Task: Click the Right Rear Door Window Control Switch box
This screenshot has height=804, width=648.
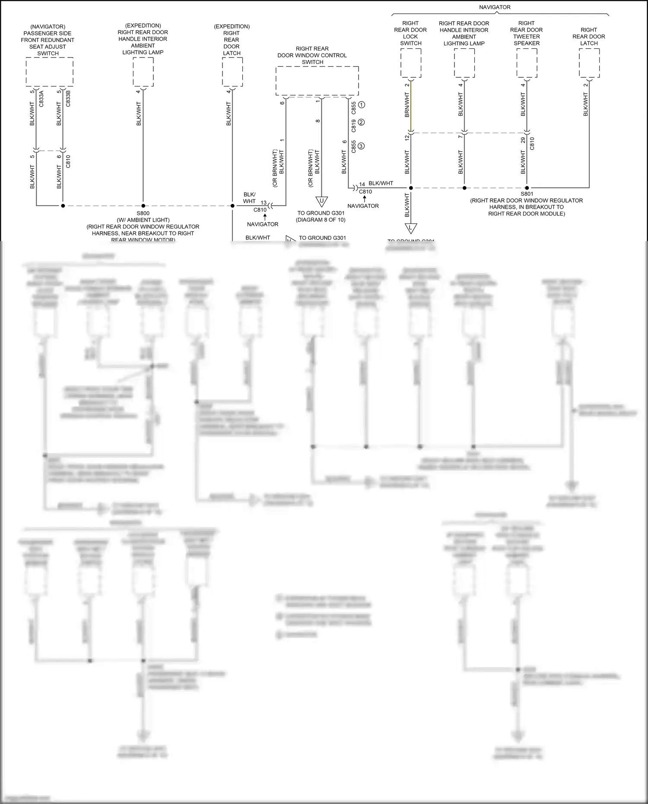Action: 317,81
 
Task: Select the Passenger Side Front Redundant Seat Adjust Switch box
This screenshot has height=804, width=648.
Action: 49,72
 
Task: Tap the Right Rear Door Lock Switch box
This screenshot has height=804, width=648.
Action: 410,63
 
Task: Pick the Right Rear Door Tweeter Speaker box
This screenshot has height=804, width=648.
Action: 527,63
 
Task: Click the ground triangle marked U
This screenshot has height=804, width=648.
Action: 321,201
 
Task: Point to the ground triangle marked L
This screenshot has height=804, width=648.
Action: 411,228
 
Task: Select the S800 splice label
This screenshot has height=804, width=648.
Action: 143,213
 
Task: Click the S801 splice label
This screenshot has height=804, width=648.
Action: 527,194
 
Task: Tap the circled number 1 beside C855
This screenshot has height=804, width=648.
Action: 362,105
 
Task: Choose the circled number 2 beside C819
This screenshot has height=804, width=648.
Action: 362,122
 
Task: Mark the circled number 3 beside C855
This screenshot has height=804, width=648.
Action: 362,146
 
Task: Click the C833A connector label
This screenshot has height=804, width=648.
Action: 41,99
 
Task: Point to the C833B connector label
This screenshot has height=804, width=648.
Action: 68,99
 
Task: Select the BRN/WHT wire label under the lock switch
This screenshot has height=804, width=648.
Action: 407,105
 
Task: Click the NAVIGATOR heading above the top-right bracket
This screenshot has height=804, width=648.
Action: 495,7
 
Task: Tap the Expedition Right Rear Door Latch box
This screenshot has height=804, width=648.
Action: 232,72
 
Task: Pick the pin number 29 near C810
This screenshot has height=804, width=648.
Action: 523,140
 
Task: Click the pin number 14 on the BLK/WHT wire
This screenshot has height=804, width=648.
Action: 362,184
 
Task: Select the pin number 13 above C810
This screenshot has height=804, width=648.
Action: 264,203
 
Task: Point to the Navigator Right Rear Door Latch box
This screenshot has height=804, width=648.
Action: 589,63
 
